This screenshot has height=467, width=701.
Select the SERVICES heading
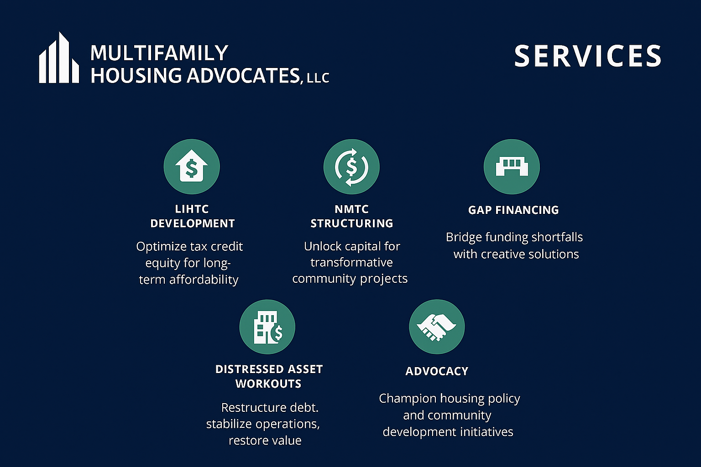click(x=587, y=56)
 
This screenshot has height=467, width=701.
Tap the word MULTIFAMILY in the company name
click(x=159, y=53)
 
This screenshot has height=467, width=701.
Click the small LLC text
click(x=318, y=78)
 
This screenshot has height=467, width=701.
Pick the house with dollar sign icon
click(x=192, y=166)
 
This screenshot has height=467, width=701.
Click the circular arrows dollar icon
click(x=351, y=166)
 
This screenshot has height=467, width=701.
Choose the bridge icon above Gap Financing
click(x=512, y=166)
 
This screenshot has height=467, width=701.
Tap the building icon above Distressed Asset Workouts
click(x=267, y=327)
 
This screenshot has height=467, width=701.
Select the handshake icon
click(x=437, y=327)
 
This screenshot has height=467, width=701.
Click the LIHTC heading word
click(x=192, y=209)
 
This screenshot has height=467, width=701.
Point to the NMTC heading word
click(x=351, y=209)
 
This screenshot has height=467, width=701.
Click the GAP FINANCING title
click(x=513, y=210)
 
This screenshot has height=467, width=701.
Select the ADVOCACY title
click(x=437, y=371)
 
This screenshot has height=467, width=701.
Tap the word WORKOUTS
click(x=268, y=384)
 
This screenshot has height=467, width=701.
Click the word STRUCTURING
click(x=351, y=223)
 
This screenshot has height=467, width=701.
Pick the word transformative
click(x=351, y=262)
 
